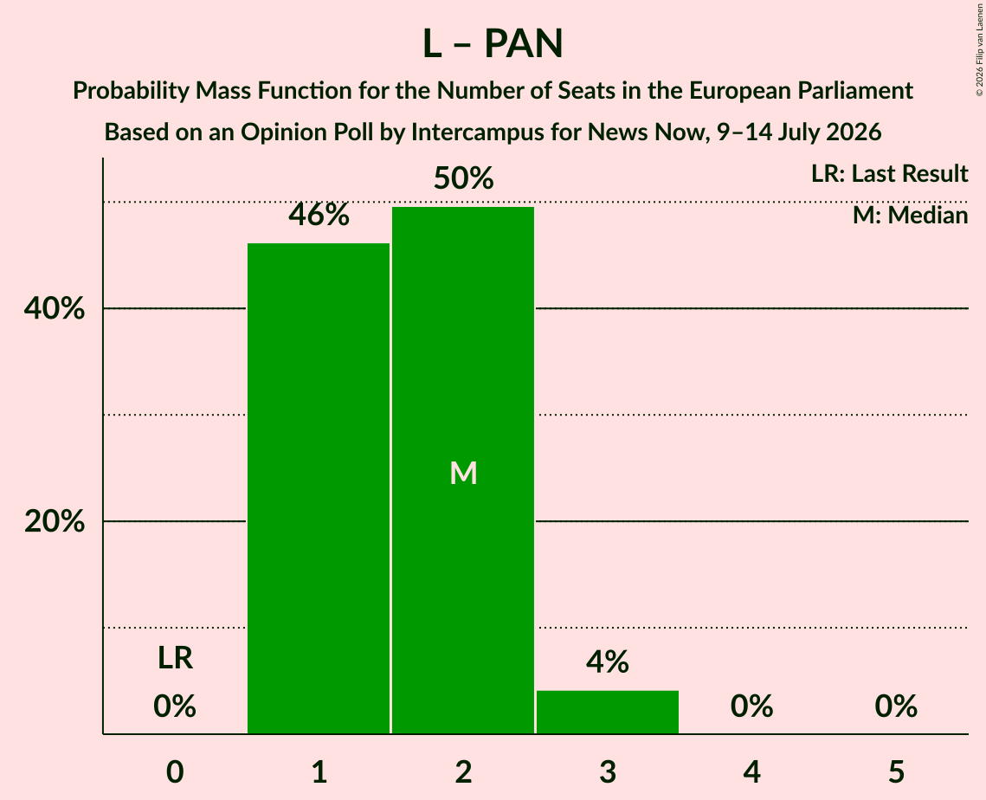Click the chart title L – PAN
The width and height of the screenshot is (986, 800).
[x=493, y=44]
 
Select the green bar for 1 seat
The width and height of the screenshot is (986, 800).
[x=319, y=488]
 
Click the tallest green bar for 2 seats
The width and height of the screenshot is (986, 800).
[x=463, y=470]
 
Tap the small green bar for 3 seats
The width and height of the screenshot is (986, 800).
[x=608, y=712]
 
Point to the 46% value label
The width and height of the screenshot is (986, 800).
[x=319, y=215]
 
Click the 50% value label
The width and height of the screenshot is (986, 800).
[x=463, y=178]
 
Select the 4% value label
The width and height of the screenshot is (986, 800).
[x=608, y=661]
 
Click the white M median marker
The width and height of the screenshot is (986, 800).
[x=463, y=473]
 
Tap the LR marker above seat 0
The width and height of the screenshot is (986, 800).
[x=175, y=658]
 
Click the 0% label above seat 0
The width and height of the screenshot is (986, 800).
[x=175, y=706]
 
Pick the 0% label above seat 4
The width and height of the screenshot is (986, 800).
[x=751, y=706]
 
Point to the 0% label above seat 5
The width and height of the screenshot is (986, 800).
[x=896, y=706]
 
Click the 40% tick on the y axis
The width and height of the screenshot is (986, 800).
[x=54, y=309]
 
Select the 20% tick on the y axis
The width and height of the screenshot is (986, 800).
[x=54, y=521]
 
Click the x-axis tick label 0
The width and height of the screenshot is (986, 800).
[x=175, y=772]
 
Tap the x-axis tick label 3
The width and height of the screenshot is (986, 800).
[x=608, y=772]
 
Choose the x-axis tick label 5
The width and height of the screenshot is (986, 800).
[x=896, y=772]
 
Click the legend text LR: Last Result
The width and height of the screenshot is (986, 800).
[x=889, y=173]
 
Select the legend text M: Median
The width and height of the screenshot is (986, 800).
[x=910, y=216]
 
